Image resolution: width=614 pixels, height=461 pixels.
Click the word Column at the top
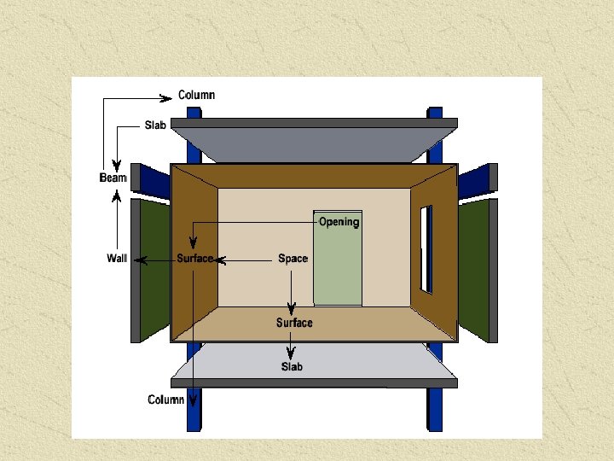196,95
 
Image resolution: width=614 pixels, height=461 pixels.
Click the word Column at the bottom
166,400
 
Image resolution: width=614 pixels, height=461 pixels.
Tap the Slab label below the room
292,367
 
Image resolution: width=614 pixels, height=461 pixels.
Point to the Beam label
113,178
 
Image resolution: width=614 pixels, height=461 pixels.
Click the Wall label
117,259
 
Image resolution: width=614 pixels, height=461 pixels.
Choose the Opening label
339,222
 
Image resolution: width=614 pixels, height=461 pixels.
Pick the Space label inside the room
293,259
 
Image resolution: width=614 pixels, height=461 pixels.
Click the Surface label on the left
194,259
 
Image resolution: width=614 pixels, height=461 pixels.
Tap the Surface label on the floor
294,323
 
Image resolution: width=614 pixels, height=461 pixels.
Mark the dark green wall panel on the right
474,269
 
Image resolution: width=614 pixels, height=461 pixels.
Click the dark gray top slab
313,141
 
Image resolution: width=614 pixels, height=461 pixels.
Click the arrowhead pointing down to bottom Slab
291,354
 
